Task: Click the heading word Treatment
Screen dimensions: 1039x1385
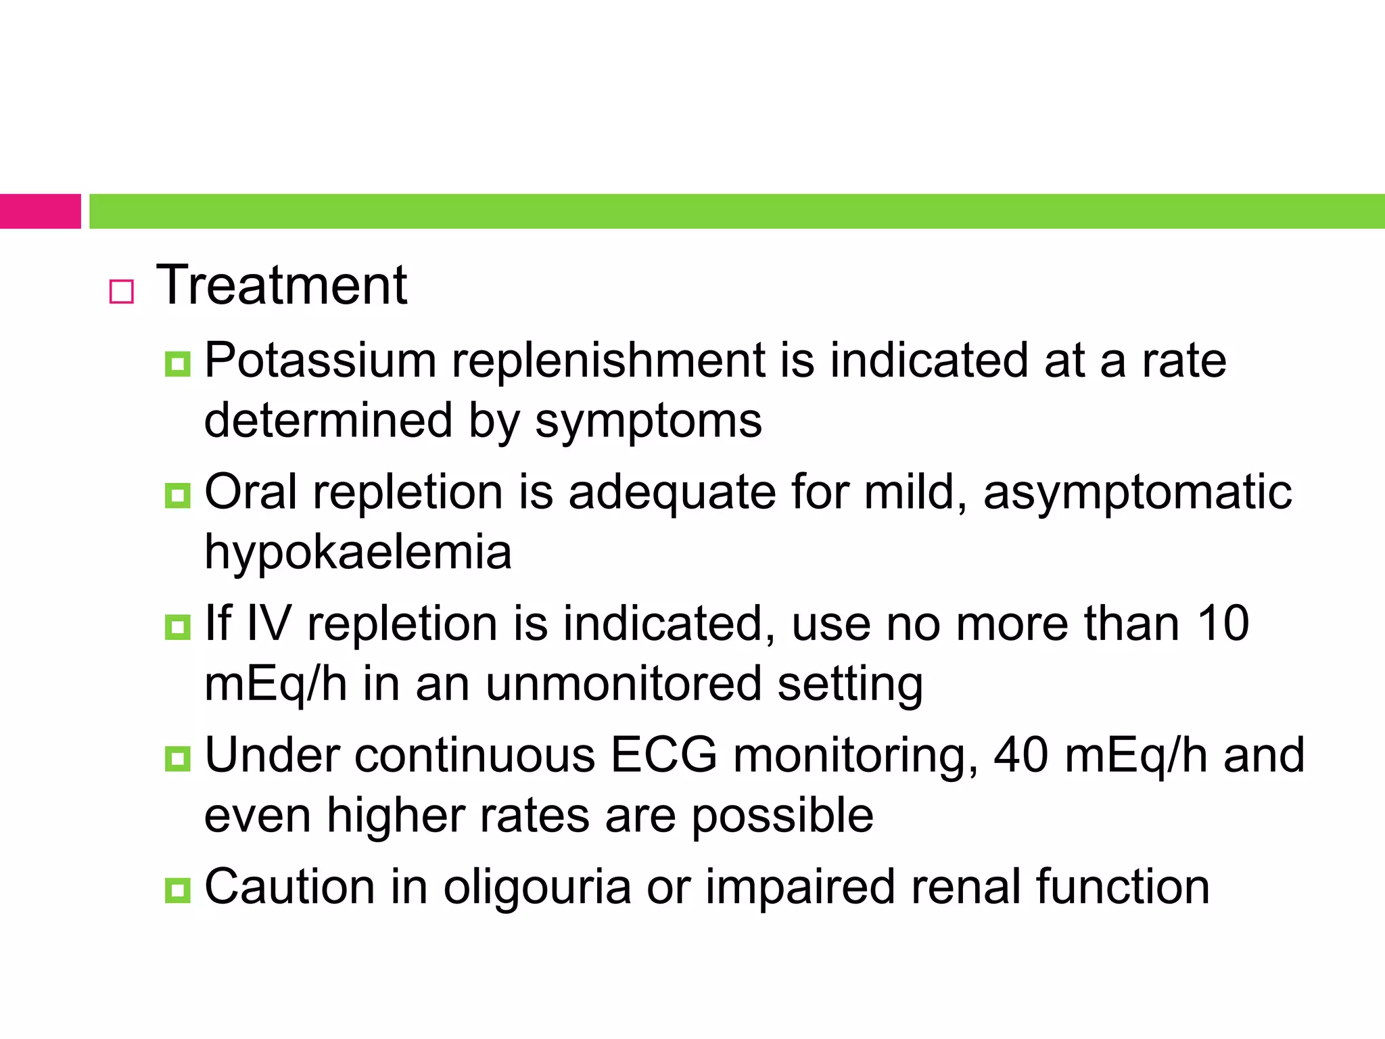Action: click(x=281, y=285)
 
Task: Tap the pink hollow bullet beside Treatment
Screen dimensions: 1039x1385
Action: click(x=122, y=292)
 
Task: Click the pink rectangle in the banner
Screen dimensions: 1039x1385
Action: click(x=40, y=211)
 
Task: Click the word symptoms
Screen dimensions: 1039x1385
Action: click(x=648, y=421)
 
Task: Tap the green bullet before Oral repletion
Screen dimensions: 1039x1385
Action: click(x=177, y=496)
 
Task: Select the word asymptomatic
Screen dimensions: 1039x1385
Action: click(x=1137, y=492)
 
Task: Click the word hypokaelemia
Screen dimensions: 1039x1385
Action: click(x=358, y=552)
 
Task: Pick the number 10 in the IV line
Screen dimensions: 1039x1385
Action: click(x=1223, y=623)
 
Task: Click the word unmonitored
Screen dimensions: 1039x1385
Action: click(x=623, y=683)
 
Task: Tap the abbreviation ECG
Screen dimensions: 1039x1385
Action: click(x=663, y=755)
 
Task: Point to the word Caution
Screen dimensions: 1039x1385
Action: click(x=289, y=887)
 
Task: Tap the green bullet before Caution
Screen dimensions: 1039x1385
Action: click(x=177, y=890)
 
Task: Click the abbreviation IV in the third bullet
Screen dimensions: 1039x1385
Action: click(x=268, y=623)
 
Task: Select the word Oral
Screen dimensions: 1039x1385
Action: click(x=250, y=492)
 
